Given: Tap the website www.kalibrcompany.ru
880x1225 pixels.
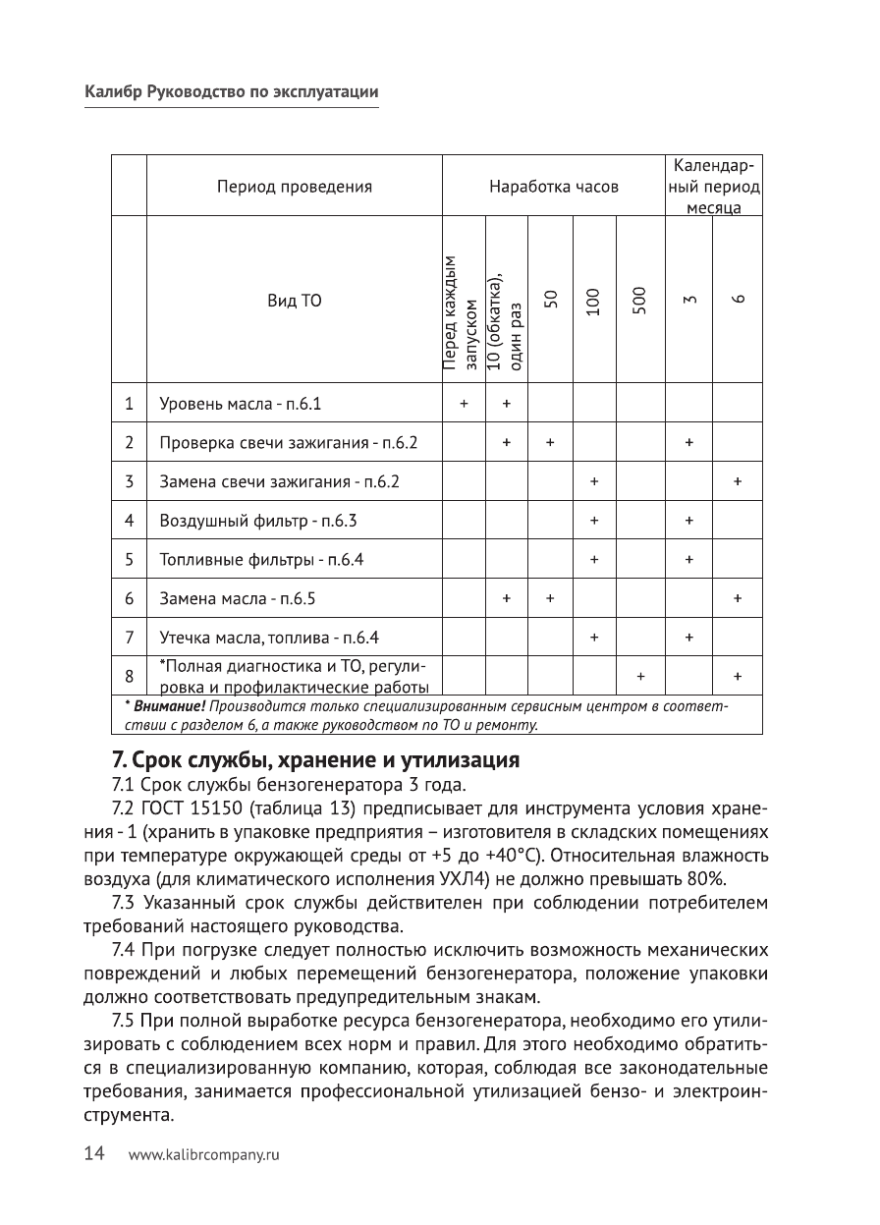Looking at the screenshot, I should [204, 1155].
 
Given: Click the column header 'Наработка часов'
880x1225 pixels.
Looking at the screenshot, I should [554, 186].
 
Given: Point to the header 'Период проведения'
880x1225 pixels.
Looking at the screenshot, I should [294, 186].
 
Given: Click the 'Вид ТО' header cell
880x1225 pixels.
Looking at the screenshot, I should [294, 300].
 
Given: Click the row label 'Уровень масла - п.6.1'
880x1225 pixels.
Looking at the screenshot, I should [240, 403].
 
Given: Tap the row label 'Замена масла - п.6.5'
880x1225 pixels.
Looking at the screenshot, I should [237, 597].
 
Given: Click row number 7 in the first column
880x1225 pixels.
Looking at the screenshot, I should [129, 637].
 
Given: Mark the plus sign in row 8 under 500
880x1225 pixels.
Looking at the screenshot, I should [640, 677].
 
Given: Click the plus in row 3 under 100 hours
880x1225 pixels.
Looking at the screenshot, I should [594, 481].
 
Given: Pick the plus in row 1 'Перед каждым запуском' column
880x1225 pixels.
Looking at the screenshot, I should [464, 403].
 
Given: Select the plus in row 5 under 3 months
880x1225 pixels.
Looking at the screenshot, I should [689, 559].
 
